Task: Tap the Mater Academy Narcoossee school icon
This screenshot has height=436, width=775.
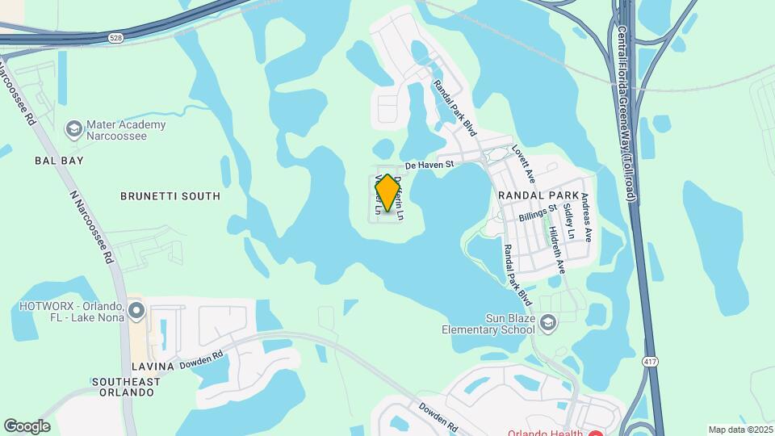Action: [x=74, y=130]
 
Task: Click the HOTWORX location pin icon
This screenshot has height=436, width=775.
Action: [x=136, y=310]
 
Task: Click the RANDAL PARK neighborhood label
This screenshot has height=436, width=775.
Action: [x=538, y=195]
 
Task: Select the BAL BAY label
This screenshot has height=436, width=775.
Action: [x=59, y=161]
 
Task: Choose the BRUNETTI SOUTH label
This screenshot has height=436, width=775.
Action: [x=170, y=196]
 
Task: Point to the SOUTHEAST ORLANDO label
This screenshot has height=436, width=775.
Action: [x=123, y=387]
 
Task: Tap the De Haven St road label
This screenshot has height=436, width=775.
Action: [x=430, y=164]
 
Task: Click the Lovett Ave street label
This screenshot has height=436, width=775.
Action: [x=524, y=163]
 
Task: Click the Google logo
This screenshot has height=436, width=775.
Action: [x=27, y=426]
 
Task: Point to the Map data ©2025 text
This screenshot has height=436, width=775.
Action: [x=740, y=430]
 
